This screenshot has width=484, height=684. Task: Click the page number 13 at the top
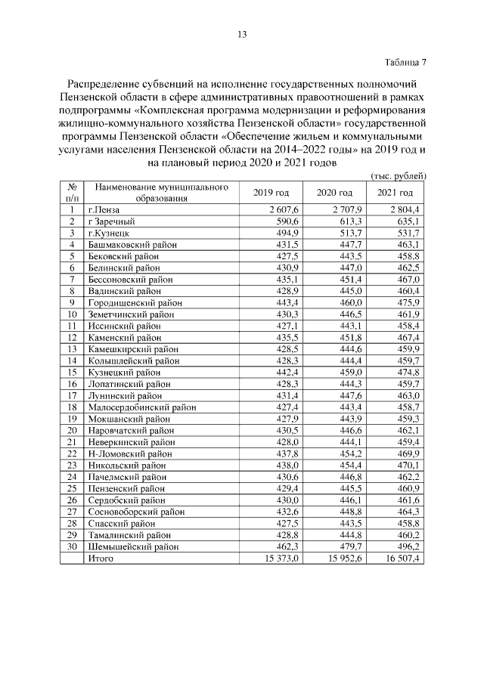pyautogui.click(x=242, y=33)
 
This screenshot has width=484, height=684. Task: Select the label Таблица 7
pyautogui.click(x=405, y=61)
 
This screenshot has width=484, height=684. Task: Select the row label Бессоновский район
pyautogui.click(x=130, y=279)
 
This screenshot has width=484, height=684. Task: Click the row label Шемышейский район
pyautogui.click(x=133, y=546)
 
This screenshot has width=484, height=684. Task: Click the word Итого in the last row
pyautogui.click(x=101, y=558)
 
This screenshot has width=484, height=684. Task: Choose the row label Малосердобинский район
pyautogui.click(x=141, y=407)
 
